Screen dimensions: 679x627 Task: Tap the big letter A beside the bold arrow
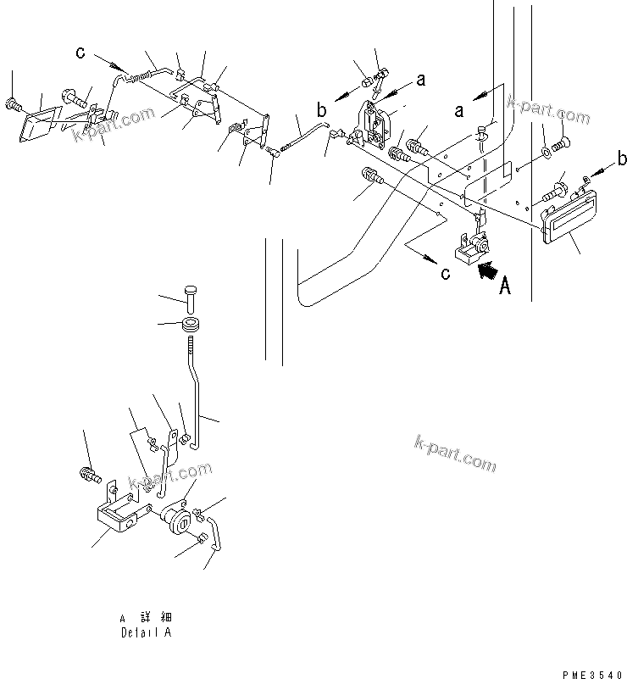click(x=505, y=287)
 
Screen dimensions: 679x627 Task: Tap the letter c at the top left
click(x=80, y=53)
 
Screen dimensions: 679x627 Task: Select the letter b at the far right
click(x=622, y=159)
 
